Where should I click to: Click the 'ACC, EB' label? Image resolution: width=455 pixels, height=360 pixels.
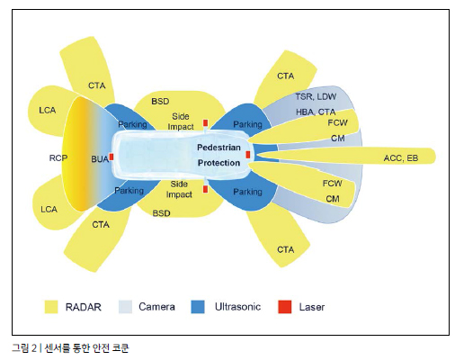coord(401,158)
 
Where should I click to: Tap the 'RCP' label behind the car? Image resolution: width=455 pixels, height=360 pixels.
coord(58,157)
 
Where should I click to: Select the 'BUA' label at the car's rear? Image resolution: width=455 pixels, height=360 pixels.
coord(100,159)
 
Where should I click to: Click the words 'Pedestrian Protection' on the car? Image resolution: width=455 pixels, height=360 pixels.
coord(219,155)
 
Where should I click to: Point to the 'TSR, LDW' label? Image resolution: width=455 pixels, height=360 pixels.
coord(316,96)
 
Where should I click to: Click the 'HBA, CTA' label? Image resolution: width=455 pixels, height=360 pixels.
coord(316,112)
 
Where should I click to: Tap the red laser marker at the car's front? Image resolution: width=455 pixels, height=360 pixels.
coord(248,155)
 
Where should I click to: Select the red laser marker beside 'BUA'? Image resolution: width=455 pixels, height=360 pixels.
coord(112,157)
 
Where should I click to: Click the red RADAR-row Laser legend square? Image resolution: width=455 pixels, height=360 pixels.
coord(285,307)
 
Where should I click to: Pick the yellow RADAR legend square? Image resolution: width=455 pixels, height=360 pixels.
coord(51,307)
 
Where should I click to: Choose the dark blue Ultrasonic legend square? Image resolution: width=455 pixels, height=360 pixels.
coord(198,307)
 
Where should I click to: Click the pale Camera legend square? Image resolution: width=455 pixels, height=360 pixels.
coord(125,307)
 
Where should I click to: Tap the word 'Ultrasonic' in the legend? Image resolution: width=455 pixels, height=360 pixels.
coord(237,307)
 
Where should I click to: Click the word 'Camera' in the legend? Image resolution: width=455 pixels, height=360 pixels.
coord(156,307)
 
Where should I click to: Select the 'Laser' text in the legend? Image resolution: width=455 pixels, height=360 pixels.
coord(312,307)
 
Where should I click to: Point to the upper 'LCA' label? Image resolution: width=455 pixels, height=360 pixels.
coord(48,111)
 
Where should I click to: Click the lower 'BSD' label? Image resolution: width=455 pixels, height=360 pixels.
coord(161,213)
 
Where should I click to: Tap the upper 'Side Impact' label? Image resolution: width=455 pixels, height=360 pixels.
coord(181,121)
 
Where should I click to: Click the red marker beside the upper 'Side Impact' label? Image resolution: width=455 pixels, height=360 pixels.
coord(205,123)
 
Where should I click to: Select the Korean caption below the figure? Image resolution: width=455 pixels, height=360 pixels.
coord(70,348)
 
